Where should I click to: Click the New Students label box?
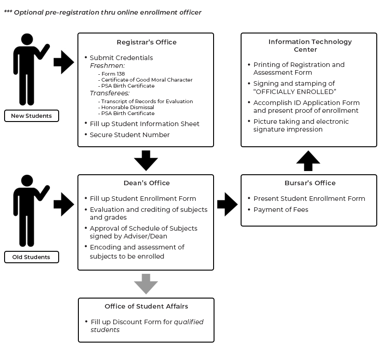tap(31, 116)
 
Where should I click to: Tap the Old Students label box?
tap(31, 257)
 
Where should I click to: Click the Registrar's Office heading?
tap(146, 42)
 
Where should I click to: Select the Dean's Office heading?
tap(146, 183)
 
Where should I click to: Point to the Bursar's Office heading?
tap(310, 183)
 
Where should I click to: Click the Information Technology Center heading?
tap(310, 45)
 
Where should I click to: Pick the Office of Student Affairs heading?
tap(146, 306)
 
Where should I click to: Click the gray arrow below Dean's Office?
tap(146, 283)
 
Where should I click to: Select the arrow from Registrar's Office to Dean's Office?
tap(146, 160)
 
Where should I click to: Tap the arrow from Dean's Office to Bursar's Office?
tap(227, 204)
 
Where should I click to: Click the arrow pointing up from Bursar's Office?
tap(308, 161)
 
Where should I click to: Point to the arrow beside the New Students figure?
tap(63, 62)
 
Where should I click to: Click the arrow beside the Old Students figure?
tap(63, 204)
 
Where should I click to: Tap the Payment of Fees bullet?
tap(280, 210)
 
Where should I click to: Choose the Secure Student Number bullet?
tap(129, 135)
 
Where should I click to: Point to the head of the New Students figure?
tap(27, 40)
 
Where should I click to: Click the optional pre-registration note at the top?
tap(103, 12)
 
